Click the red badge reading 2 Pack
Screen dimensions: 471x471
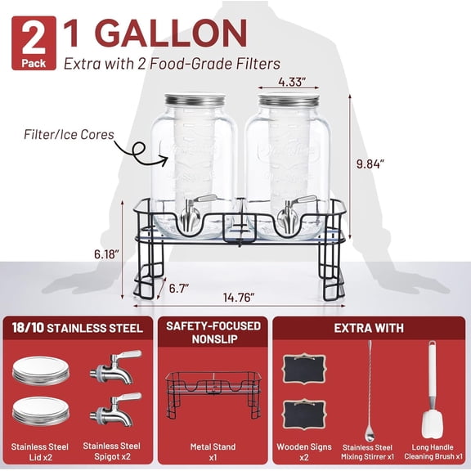[34, 43]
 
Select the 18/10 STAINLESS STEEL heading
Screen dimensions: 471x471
[78, 328]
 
